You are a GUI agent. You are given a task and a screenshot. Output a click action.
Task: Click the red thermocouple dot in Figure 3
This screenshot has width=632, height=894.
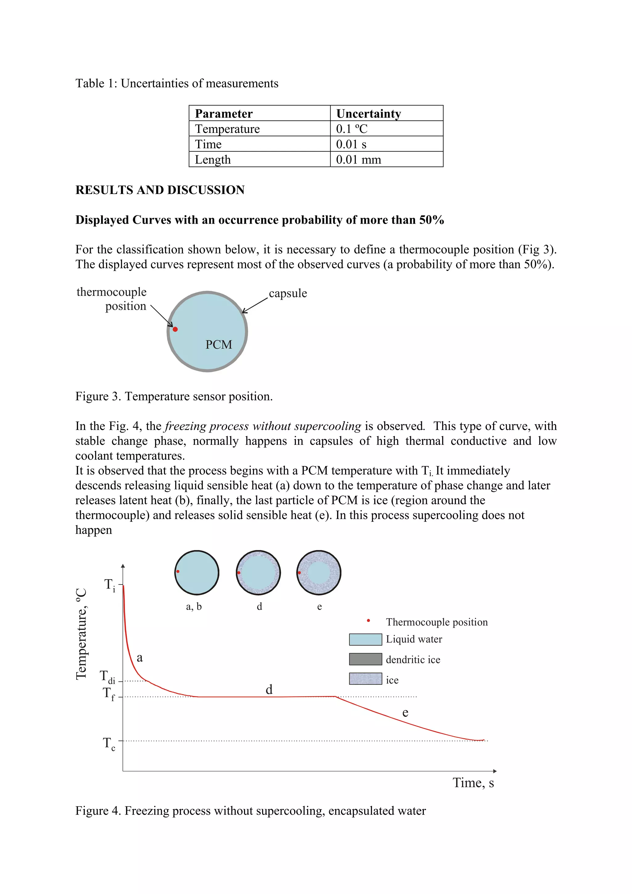tap(175, 329)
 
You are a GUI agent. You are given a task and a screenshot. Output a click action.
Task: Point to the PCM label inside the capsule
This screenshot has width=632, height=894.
tap(218, 345)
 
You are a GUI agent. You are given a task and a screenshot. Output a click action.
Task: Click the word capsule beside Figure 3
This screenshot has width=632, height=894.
tap(288, 293)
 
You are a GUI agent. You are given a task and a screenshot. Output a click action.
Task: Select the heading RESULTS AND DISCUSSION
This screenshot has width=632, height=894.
tap(160, 190)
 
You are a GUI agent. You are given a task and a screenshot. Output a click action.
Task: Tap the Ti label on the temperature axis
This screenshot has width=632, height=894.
tap(110, 585)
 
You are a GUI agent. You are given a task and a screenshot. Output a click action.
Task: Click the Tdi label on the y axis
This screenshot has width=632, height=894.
tap(107, 677)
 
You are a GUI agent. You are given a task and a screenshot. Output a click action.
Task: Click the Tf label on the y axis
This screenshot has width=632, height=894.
tap(109, 693)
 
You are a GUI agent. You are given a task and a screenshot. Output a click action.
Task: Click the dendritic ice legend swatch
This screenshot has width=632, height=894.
tap(365, 659)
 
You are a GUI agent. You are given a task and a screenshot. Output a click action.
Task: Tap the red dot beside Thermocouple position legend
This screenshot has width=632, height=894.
tap(368, 621)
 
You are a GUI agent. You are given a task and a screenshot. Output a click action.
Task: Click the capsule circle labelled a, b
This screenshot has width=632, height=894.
tap(197, 573)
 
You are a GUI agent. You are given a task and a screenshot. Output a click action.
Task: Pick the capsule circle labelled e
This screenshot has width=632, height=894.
tap(318, 573)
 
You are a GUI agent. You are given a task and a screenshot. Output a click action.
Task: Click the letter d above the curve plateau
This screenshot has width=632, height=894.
tap(269, 689)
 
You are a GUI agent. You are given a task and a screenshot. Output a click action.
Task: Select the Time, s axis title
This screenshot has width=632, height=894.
tap(473, 783)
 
